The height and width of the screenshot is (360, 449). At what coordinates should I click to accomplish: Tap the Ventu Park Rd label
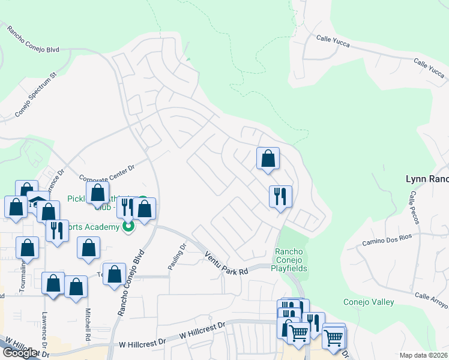pyautogui.click(x=226, y=263)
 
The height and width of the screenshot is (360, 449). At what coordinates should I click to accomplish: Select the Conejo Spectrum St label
pyautogui.click(x=35, y=94)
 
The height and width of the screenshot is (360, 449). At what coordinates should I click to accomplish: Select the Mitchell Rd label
pyautogui.click(x=88, y=324)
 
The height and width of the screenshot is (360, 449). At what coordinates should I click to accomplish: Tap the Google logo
pyautogui.click(x=20, y=352)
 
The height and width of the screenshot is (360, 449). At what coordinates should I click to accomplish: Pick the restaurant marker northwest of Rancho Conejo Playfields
pyautogui.click(x=280, y=196)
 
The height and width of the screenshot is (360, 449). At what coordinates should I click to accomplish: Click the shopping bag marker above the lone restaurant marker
pyautogui.click(x=268, y=159)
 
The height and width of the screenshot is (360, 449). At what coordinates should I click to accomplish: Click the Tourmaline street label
pyautogui.click(x=23, y=277)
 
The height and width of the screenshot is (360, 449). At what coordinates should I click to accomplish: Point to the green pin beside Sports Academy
pyautogui.click(x=128, y=227)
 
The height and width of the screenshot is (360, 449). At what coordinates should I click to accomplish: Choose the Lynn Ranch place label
pyautogui.click(x=427, y=179)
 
